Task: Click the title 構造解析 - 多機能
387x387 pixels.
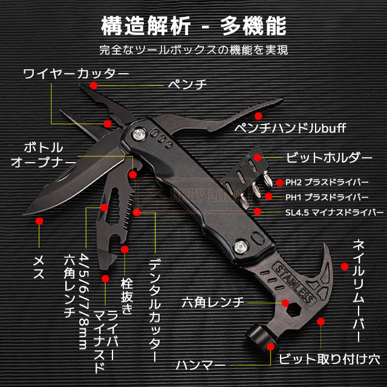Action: pyautogui.click(x=193, y=26)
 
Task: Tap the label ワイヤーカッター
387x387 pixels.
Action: pyautogui.click(x=76, y=74)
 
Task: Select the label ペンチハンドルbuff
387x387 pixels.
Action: pyautogui.click(x=290, y=128)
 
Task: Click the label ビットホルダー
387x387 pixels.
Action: pyautogui.click(x=329, y=157)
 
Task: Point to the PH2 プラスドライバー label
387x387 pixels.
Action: pyautogui.click(x=327, y=183)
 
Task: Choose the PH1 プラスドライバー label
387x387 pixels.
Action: pyautogui.click(x=327, y=197)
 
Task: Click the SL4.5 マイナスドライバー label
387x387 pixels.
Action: pyautogui.click(x=334, y=212)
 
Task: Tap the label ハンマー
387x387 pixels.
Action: pyautogui.click(x=201, y=365)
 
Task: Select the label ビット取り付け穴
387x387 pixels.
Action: pyautogui.click(x=330, y=359)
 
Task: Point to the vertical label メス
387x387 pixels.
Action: pyautogui.click(x=39, y=267)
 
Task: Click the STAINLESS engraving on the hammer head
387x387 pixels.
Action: pyautogui.click(x=294, y=284)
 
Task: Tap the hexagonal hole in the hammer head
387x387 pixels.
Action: pyautogui.click(x=293, y=309)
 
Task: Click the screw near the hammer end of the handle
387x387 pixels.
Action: pyautogui.click(x=241, y=247)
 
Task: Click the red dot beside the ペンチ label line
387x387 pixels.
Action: pyautogui.click(x=94, y=85)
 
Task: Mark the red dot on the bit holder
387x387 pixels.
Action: pyautogui.click(x=258, y=157)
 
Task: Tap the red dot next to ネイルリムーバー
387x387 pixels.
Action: pyautogui.click(x=345, y=266)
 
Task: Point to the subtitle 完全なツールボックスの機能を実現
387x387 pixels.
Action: pyautogui.click(x=193, y=50)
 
